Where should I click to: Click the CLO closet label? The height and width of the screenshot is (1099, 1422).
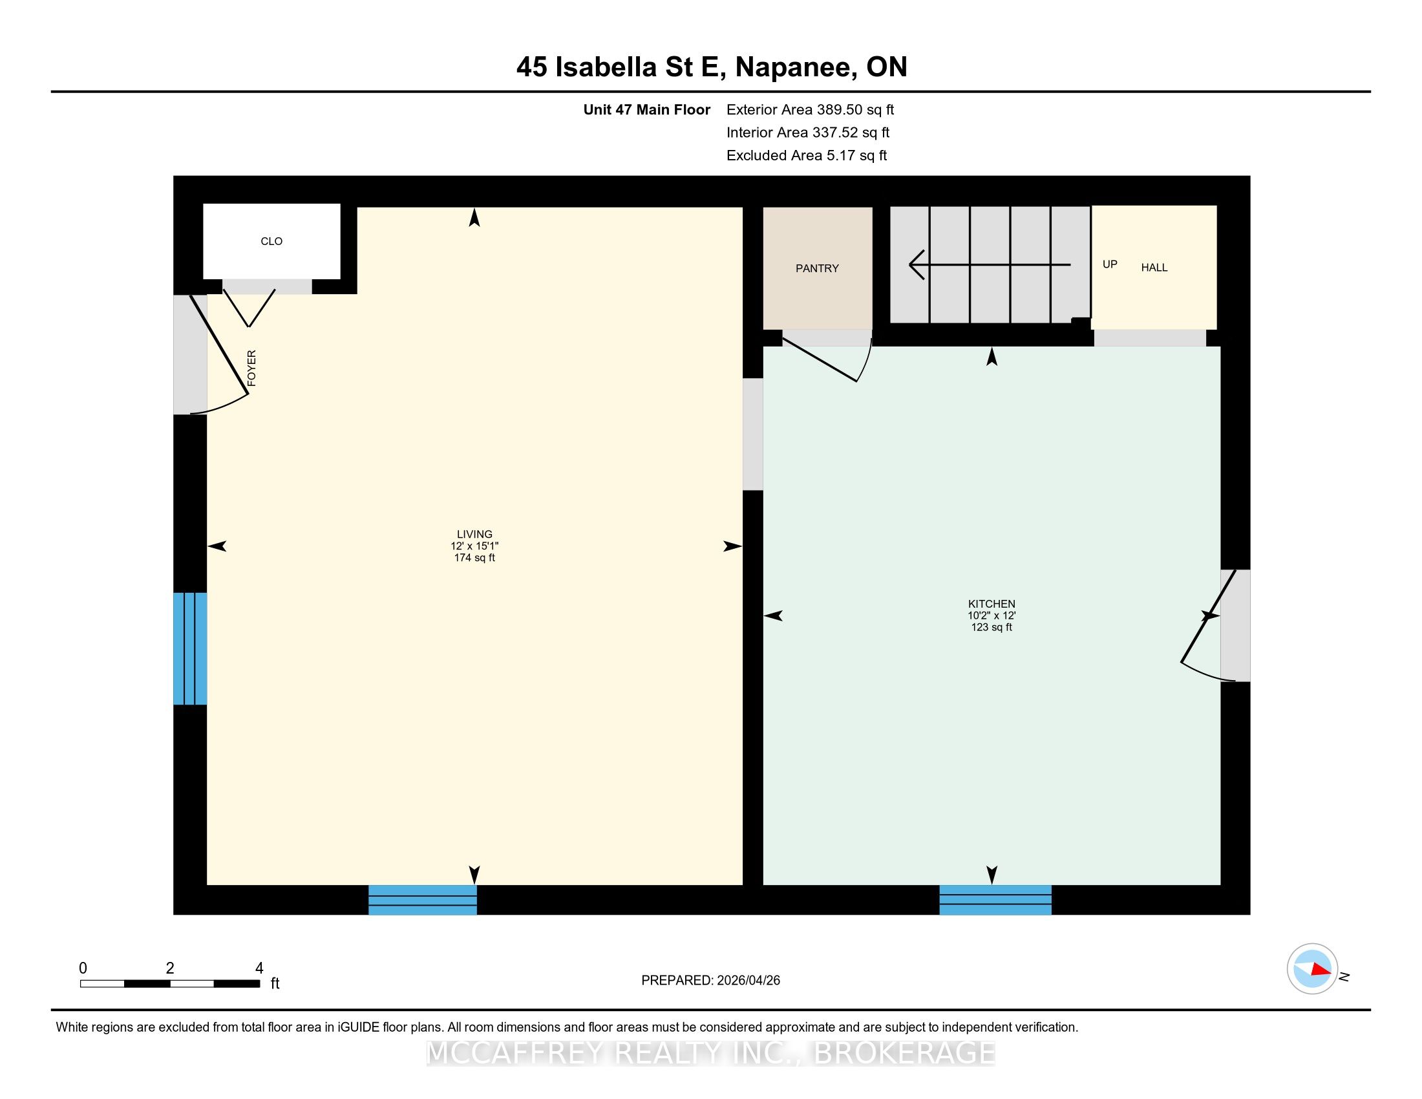[271, 242]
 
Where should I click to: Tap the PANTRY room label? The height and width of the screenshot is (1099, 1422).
[817, 268]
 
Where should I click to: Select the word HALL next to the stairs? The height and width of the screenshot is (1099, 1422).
[1154, 268]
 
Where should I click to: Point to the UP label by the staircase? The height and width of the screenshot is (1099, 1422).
[1110, 264]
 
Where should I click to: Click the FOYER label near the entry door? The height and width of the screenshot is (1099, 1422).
[252, 368]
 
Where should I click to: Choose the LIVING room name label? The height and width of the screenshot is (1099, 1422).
[474, 535]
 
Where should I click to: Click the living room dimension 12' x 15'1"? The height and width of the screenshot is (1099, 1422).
[474, 546]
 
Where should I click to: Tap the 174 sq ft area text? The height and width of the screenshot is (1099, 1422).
[474, 558]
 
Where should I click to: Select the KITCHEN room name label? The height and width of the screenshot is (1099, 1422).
[992, 604]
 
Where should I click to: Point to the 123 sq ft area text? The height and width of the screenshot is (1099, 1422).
[992, 628]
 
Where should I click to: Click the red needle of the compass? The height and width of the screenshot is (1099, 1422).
[1321, 969]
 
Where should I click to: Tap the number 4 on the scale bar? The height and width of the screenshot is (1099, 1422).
[259, 968]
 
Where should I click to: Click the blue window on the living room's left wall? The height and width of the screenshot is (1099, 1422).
[190, 648]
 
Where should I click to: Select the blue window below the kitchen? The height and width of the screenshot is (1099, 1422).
[995, 900]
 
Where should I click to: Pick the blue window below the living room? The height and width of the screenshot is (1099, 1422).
[423, 900]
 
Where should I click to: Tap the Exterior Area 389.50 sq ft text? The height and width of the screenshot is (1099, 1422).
[811, 110]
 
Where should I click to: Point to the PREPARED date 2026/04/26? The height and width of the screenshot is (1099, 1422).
[748, 981]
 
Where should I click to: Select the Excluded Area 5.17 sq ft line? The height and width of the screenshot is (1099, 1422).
[807, 156]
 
